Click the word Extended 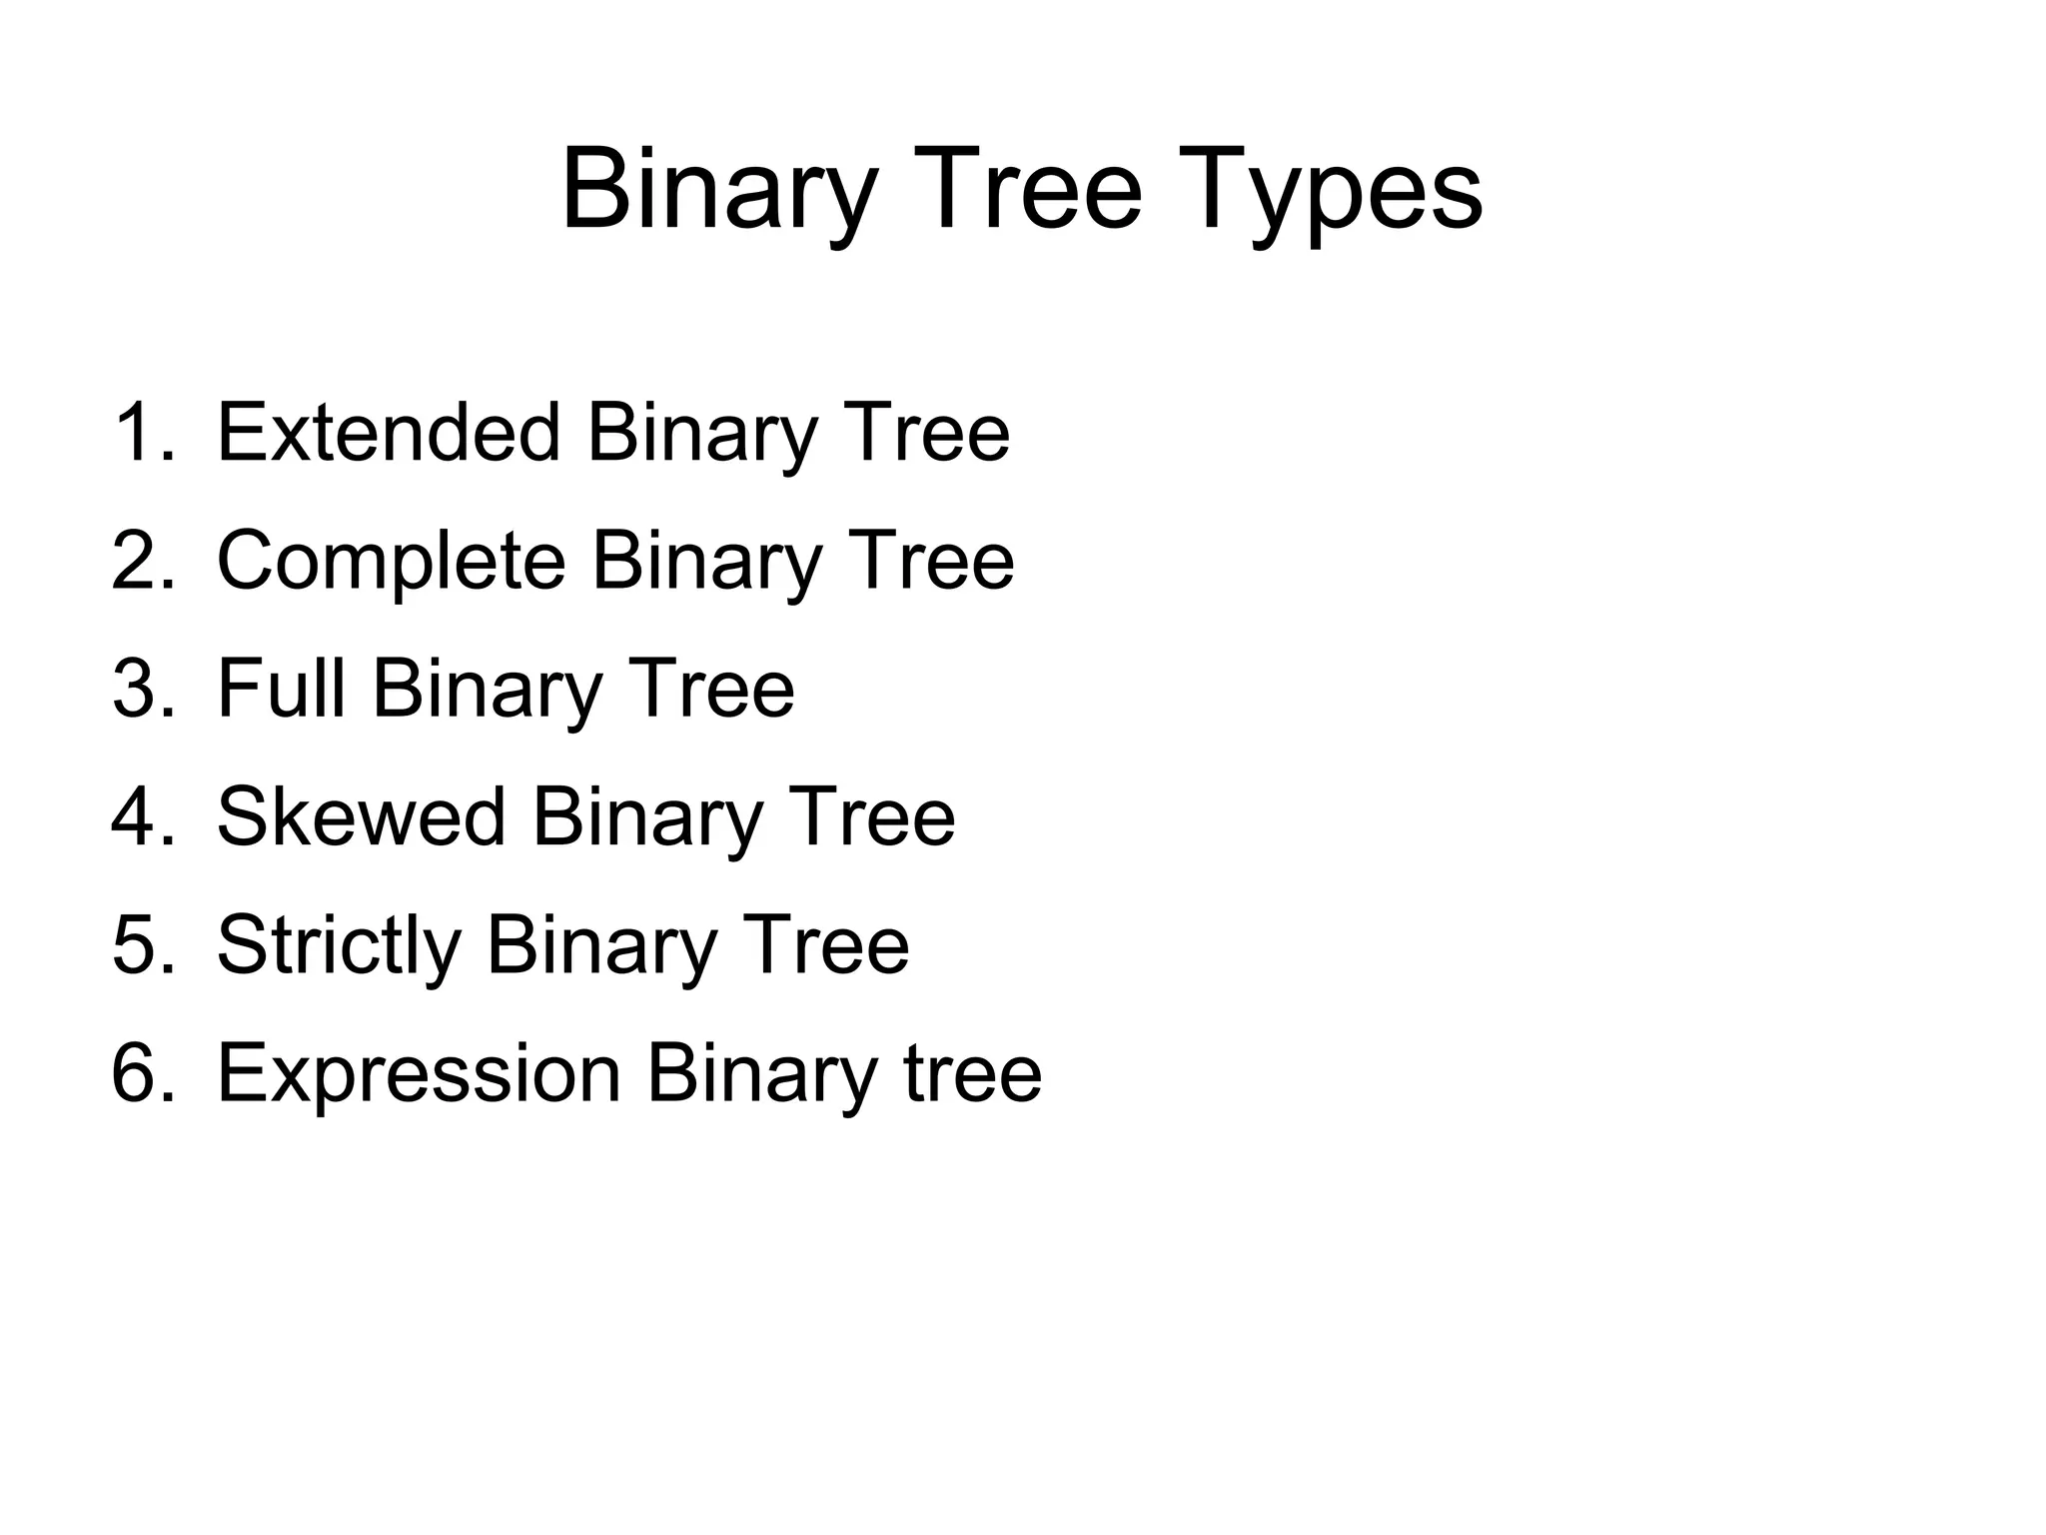388,433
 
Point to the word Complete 391,561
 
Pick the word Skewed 361,816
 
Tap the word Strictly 339,945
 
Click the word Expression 419,1073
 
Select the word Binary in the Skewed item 647,816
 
